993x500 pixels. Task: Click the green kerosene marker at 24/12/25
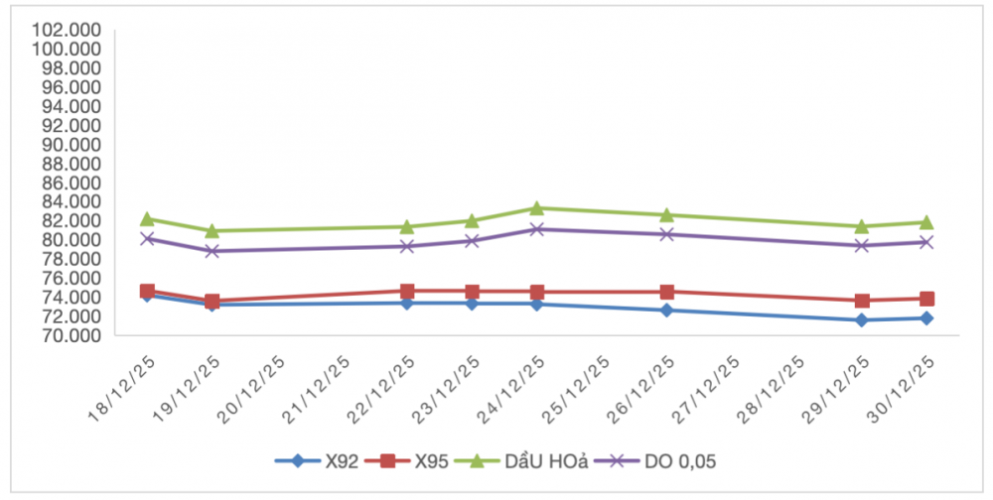536,208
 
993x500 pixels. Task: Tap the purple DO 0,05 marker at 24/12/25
536,229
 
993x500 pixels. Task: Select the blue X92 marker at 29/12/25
861,320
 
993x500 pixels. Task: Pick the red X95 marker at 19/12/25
212,302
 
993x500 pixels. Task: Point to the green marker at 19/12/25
212,230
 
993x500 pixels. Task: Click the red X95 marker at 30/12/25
926,299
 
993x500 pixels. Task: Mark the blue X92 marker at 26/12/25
666,311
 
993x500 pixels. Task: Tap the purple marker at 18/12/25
147,238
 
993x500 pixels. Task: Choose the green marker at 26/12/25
666,214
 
